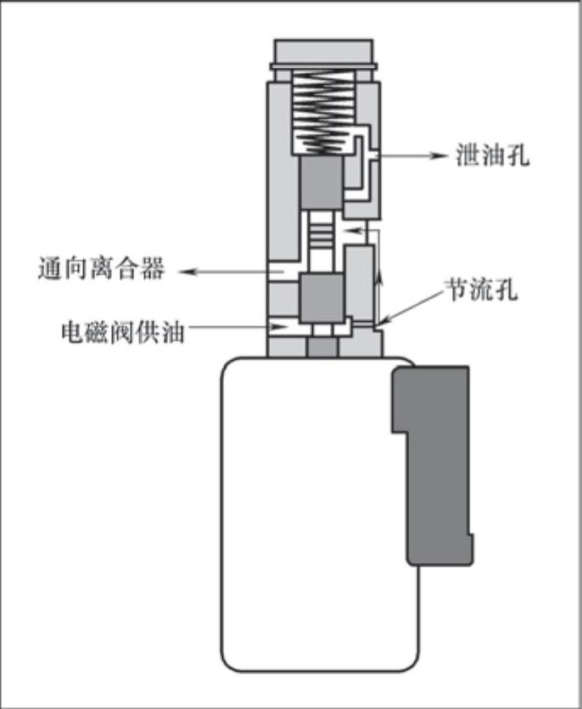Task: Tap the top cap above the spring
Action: pos(322,53)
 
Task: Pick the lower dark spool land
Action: pos(322,297)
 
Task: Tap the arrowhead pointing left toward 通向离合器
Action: pos(192,273)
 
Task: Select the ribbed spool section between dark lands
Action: pos(322,242)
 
